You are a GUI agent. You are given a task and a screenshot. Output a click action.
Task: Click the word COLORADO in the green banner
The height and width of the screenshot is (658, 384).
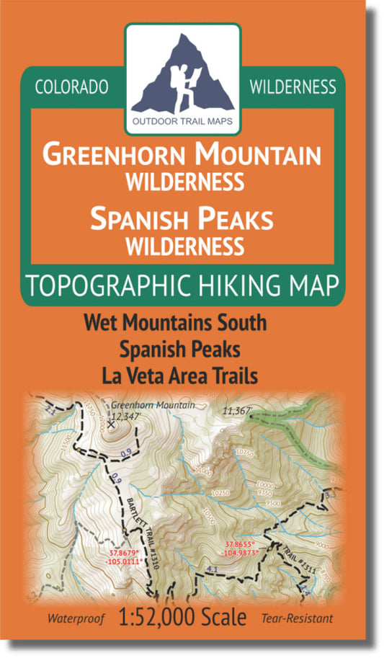[x=71, y=87]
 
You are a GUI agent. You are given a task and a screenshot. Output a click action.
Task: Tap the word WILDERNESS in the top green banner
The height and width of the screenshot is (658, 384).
[x=293, y=87]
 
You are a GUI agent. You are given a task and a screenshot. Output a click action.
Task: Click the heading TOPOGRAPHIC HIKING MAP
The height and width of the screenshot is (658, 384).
[x=182, y=286]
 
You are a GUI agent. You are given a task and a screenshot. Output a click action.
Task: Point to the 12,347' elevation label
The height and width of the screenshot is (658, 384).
[x=128, y=416]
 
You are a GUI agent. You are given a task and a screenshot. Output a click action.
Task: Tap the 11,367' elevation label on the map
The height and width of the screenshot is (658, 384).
[x=237, y=410]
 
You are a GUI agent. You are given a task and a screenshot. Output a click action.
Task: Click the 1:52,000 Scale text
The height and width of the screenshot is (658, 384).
[x=194, y=618]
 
